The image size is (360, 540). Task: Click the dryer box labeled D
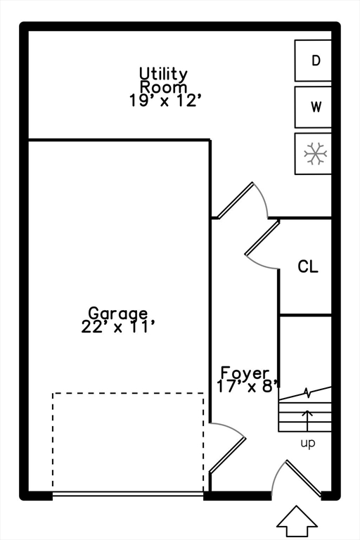tap(314, 60)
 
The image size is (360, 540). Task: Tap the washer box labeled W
tap(314, 108)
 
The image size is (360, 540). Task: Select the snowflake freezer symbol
tap(314, 153)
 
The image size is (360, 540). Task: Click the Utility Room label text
tap(163, 79)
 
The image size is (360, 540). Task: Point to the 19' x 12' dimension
tap(166, 101)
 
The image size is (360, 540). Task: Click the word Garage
tap(118, 313)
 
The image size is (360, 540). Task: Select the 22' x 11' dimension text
tap(118, 326)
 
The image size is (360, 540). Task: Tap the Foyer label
tap(245, 372)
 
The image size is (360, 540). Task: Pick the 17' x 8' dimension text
tap(248, 385)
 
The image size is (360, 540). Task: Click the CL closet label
tap(307, 267)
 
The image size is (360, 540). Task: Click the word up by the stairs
tap(308, 443)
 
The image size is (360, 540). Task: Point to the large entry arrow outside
tap(297, 521)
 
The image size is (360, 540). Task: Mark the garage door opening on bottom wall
tap(128, 494)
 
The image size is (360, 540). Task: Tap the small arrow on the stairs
tap(307, 418)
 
